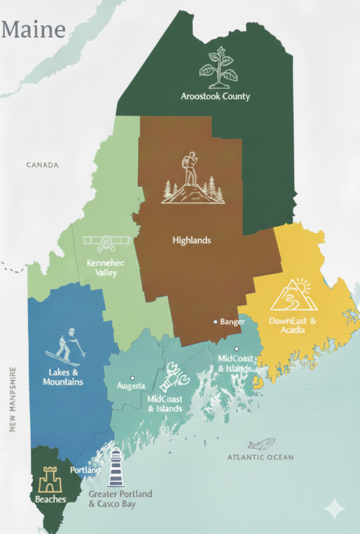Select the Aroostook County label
point(216,96)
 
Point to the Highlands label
point(192,240)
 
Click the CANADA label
point(42,165)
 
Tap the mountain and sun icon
point(294,295)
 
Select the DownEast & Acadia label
point(293,326)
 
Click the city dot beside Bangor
point(215,322)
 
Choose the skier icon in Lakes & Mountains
point(66,347)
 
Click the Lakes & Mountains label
point(63,377)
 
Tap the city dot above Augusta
point(133,378)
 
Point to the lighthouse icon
point(115,467)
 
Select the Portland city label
point(85,470)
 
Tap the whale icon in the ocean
point(262,444)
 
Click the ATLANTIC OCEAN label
point(261,457)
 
